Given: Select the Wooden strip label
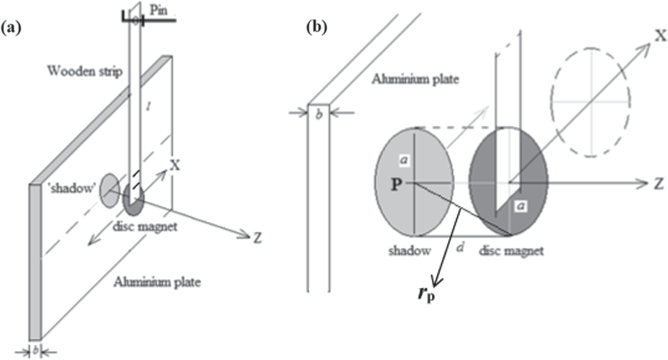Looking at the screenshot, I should tap(85, 71).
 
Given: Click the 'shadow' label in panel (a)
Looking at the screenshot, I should tap(72, 188).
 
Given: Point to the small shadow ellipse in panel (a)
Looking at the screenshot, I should tap(109, 190).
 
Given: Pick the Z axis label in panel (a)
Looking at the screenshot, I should tap(257, 238).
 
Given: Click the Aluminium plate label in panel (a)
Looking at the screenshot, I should tap(157, 282).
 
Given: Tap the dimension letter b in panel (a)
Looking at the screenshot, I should tap(36, 351).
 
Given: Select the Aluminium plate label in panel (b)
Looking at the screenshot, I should tap(415, 79).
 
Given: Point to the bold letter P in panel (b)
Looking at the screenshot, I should tap(396, 185).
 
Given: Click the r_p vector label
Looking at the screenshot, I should tap(426, 293).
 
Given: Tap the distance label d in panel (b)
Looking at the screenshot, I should tap(460, 248).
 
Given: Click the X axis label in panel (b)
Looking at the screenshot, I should tap(660, 36).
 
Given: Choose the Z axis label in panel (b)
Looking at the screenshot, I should tap(658, 184).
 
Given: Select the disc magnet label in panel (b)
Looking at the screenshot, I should tap(511, 251).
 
